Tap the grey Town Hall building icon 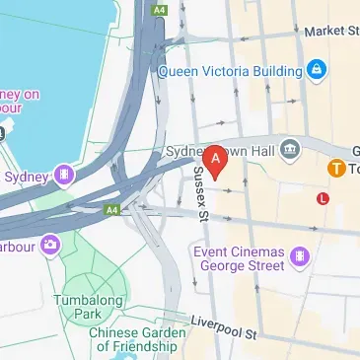tap(290, 150)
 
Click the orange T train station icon tap(335, 170)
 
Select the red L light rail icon tap(323, 198)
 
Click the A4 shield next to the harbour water tap(160, 9)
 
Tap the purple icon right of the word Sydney tap(64, 176)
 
